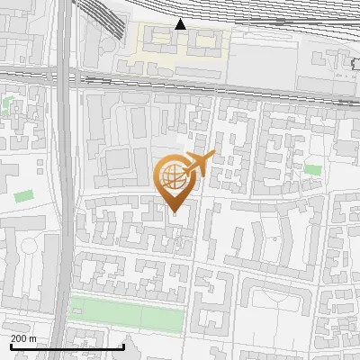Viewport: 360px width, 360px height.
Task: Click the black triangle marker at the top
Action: (x=181, y=24)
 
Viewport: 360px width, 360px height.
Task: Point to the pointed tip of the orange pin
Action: (x=174, y=211)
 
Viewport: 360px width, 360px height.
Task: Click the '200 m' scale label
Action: (x=22, y=338)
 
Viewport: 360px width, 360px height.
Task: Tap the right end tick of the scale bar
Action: (x=122, y=345)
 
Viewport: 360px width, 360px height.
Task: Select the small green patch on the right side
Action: (x=312, y=169)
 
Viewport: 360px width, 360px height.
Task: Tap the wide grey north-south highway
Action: (x=62, y=180)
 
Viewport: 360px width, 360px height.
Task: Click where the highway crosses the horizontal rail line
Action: (x=62, y=77)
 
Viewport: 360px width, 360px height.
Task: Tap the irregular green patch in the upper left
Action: (x=9, y=104)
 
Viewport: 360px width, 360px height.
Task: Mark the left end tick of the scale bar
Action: (x=11, y=345)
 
